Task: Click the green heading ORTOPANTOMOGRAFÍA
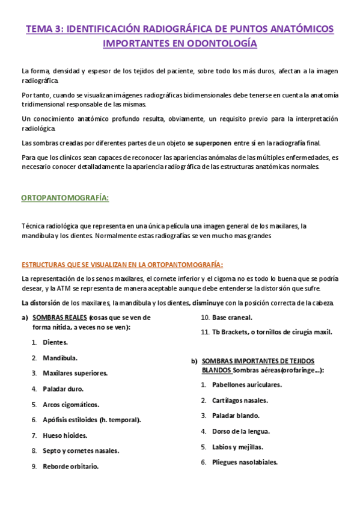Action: (65, 197)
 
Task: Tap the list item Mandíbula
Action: (59, 358)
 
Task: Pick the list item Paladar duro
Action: (63, 389)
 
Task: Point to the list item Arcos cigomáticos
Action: (71, 404)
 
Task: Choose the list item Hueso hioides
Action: (65, 435)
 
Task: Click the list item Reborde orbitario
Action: (71, 465)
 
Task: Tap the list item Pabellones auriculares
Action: (246, 384)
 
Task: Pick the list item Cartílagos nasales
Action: (240, 399)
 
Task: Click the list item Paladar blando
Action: (236, 415)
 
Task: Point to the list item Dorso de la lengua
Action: (240, 431)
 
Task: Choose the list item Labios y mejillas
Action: (237, 446)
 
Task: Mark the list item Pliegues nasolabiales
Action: (245, 462)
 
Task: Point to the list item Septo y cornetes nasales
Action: (81, 450)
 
